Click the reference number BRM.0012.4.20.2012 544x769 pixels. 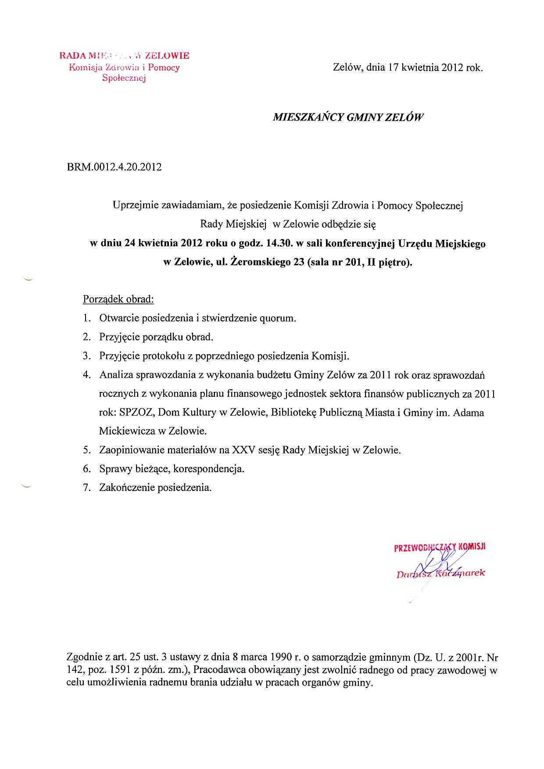114,167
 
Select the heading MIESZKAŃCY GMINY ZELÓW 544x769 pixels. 348,117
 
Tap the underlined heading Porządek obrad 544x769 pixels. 118,299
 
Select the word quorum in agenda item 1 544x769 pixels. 277,318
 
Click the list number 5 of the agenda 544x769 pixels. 87,450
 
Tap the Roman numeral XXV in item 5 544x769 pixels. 243,450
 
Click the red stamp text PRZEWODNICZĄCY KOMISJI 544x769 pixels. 439,548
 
